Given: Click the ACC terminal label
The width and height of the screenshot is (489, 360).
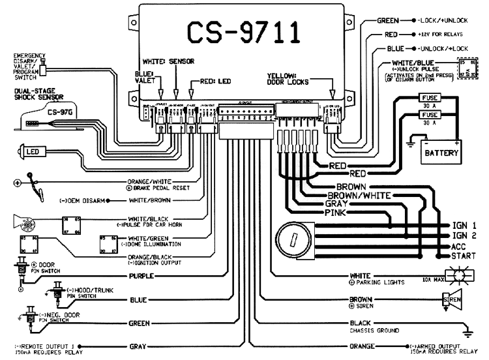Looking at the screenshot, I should [x=458, y=247].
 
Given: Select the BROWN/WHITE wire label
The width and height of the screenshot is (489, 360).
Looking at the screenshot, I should [x=359, y=195].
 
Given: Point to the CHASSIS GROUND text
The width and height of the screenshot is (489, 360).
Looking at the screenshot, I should [x=374, y=331].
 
